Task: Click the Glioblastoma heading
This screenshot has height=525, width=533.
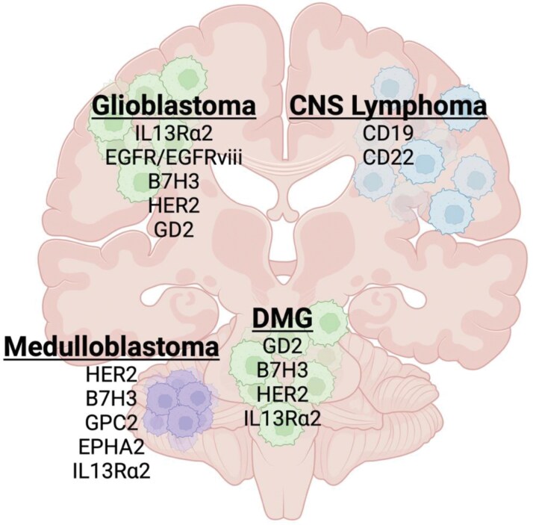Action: click(174, 107)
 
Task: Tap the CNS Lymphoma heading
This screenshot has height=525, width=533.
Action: click(388, 107)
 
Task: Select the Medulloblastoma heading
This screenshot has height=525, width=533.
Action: click(112, 347)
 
